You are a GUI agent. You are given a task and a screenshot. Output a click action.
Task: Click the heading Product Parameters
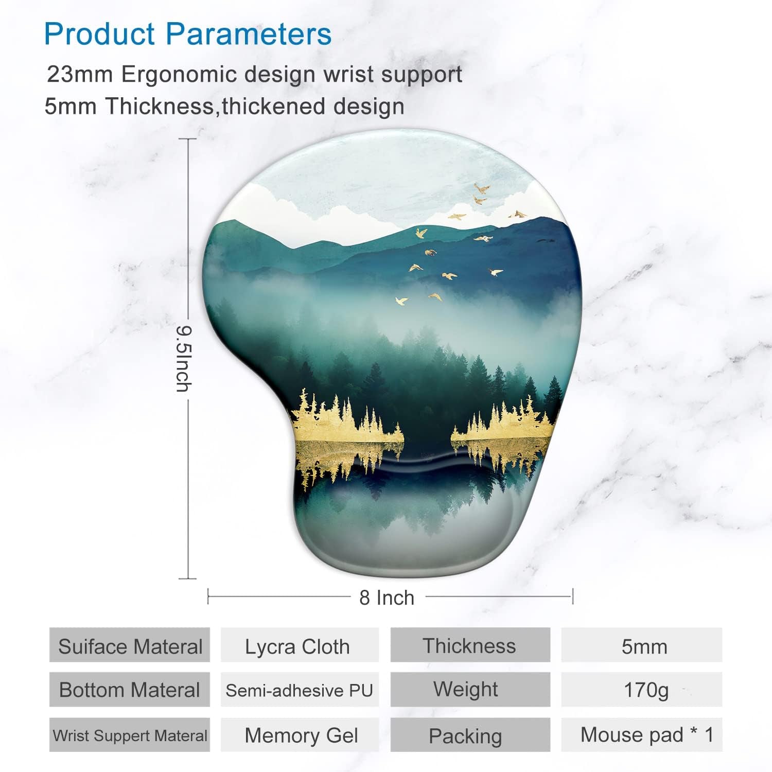tap(188, 34)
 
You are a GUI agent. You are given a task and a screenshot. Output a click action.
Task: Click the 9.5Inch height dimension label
tap(183, 359)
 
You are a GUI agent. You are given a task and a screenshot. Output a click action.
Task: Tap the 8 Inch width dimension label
tap(387, 598)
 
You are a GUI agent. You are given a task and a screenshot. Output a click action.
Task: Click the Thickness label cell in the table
tap(469, 645)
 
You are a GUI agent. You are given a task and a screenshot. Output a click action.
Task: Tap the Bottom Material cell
tap(130, 690)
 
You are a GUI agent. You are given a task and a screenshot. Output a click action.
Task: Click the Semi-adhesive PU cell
tap(299, 690)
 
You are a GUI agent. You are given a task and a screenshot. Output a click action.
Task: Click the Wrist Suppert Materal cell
tap(130, 735)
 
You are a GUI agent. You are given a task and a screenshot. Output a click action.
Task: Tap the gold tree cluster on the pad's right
tap(502, 425)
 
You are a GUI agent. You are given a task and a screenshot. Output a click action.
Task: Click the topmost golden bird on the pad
tap(482, 188)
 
